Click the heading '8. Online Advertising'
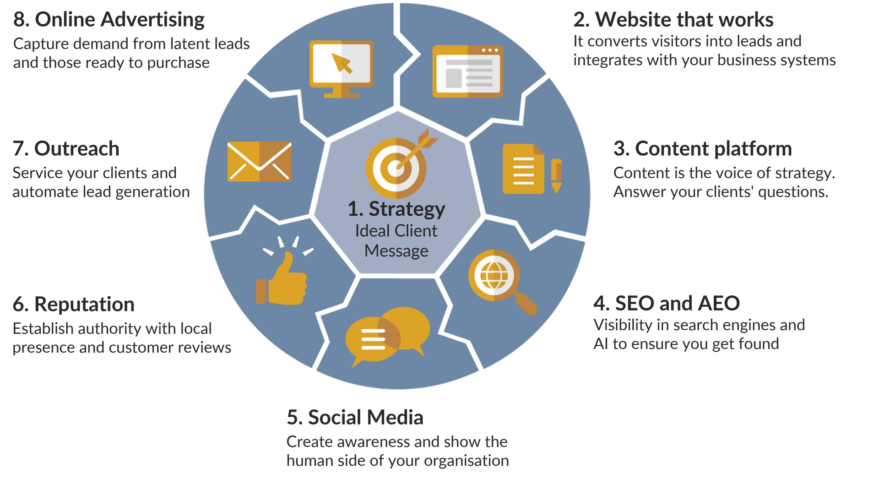pyautogui.click(x=109, y=20)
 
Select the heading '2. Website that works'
pyautogui.click(x=673, y=20)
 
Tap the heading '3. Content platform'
pyautogui.click(x=703, y=149)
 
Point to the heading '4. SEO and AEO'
pyautogui.click(x=667, y=303)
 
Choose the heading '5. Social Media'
pyautogui.click(x=355, y=417)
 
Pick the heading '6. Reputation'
pyautogui.click(x=74, y=305)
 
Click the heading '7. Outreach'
pyautogui.click(x=66, y=149)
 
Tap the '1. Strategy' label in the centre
pyautogui.click(x=396, y=209)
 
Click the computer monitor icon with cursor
pyautogui.click(x=342, y=69)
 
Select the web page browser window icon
pyautogui.click(x=468, y=71)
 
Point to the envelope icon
pyautogui.click(x=259, y=162)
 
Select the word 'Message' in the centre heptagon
pyautogui.click(x=396, y=251)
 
